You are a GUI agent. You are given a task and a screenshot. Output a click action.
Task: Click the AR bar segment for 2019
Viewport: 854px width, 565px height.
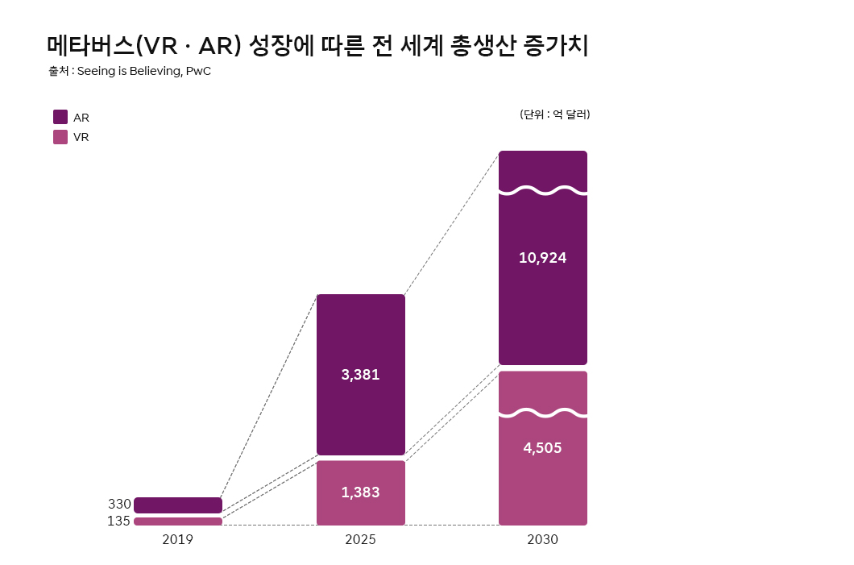(x=178, y=505)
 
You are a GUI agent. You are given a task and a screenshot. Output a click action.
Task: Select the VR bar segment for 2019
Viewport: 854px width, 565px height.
(x=178, y=521)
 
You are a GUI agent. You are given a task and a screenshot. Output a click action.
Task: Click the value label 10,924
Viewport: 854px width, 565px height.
(x=542, y=258)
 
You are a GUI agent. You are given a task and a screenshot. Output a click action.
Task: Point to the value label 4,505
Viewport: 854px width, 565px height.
(x=542, y=448)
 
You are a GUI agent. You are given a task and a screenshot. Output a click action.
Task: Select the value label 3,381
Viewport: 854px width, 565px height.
(x=360, y=375)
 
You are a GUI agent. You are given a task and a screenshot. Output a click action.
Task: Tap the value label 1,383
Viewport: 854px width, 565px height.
(x=360, y=492)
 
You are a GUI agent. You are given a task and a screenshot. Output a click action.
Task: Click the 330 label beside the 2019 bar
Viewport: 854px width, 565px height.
(x=119, y=505)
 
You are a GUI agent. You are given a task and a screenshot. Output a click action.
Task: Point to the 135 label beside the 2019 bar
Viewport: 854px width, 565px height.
(x=118, y=521)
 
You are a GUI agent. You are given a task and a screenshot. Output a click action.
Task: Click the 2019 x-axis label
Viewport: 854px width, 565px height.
(x=177, y=540)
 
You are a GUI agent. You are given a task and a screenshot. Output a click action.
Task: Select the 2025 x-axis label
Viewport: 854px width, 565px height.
(x=360, y=540)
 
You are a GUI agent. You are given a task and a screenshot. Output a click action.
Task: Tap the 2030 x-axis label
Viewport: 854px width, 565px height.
(x=542, y=540)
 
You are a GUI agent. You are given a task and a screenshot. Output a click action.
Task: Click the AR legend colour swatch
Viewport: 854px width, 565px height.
(x=60, y=117)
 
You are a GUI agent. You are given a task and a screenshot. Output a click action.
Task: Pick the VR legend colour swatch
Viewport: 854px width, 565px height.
(x=60, y=137)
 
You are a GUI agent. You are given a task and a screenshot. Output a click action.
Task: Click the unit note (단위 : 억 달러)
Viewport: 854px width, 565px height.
(x=555, y=114)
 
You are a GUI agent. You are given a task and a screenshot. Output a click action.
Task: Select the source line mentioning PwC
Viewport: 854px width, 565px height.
(x=130, y=71)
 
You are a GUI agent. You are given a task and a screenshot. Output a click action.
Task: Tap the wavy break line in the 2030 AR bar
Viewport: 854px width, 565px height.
(x=542, y=191)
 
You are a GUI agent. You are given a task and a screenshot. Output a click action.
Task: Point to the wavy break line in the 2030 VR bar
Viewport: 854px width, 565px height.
(x=542, y=413)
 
